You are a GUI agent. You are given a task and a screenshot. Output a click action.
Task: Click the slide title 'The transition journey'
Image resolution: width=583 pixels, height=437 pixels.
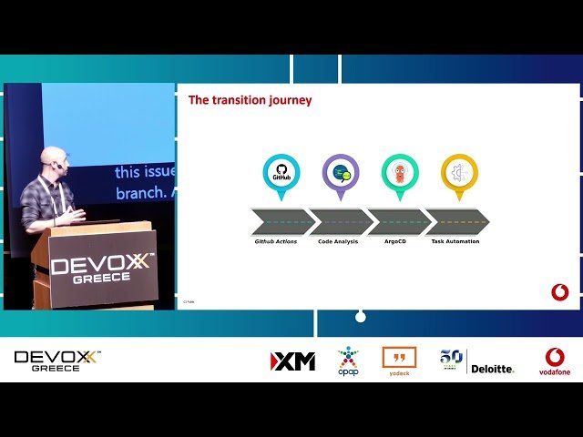(x=250, y=100)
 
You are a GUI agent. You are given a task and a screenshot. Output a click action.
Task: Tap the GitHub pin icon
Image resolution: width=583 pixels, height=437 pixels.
(x=281, y=172)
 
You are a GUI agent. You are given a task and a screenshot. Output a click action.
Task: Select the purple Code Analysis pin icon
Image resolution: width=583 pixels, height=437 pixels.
(x=341, y=172)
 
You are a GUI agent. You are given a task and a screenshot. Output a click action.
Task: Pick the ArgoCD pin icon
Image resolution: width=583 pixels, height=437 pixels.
(x=400, y=172)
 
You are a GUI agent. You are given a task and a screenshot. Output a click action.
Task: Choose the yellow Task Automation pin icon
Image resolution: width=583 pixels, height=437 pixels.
(x=459, y=172)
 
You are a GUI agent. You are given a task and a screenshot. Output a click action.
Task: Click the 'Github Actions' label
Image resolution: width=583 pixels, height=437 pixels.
(x=275, y=241)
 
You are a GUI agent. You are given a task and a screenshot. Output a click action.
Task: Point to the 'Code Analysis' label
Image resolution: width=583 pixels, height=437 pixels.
(x=339, y=241)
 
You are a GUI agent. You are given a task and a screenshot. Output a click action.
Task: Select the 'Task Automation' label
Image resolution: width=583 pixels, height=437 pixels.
(x=455, y=241)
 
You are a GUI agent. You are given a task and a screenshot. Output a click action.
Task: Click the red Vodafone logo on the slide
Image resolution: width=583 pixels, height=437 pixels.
(x=560, y=292)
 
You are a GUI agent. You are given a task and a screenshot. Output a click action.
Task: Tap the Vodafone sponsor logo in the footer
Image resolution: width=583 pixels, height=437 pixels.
(x=554, y=361)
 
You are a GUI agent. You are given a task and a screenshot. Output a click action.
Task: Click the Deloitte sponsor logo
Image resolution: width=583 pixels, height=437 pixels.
(x=492, y=368)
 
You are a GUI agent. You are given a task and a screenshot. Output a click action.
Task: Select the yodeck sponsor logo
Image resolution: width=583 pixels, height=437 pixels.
(x=399, y=361)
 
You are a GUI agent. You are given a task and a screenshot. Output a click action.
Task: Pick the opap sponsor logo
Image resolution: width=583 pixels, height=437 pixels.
(x=348, y=361)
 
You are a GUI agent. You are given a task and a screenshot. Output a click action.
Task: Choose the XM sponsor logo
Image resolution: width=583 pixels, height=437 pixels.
(x=292, y=361)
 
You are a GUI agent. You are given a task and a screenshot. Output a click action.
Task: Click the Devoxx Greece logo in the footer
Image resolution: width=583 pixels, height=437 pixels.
(x=57, y=361)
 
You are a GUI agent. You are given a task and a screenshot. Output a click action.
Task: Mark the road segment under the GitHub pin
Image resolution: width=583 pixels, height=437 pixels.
(x=281, y=222)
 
